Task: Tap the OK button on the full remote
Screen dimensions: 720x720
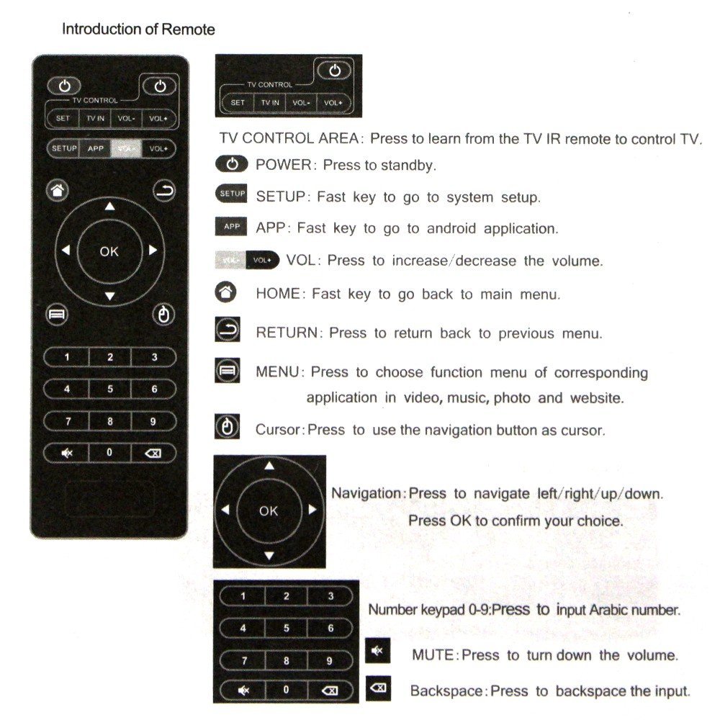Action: click(109, 251)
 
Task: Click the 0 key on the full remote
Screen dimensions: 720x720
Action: click(109, 452)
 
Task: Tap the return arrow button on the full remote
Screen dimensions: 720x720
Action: click(163, 191)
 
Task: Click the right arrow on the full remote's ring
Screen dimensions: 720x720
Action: click(153, 251)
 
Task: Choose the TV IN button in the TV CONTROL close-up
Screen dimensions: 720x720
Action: click(270, 103)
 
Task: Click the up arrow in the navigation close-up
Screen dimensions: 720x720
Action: click(269, 467)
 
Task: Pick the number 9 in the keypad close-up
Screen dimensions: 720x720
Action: click(330, 660)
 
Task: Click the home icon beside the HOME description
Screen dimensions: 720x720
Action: click(226, 293)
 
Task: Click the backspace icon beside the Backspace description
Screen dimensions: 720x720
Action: click(377, 688)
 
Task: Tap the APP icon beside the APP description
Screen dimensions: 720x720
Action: click(231, 227)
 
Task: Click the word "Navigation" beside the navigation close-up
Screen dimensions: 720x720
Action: click(366, 494)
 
